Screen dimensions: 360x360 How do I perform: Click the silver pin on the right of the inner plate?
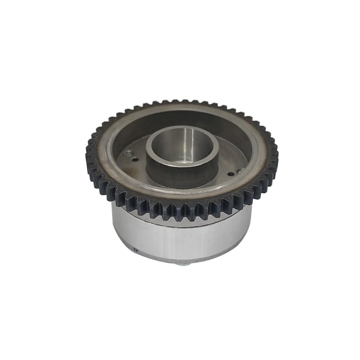coord(240,170)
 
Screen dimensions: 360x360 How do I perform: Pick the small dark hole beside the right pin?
coord(231,174)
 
